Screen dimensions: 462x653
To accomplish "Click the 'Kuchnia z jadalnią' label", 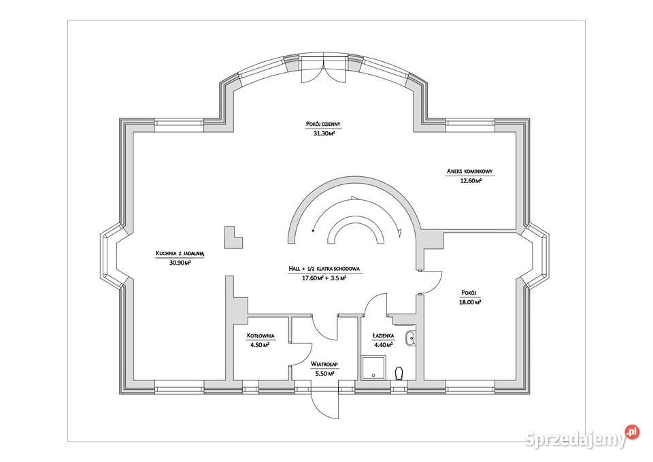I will pyautogui.click(x=180, y=252).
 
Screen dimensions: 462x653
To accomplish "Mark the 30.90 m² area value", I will pyautogui.click(x=180, y=263).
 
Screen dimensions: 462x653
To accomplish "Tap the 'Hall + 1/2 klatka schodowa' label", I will pyautogui.click(x=324, y=268).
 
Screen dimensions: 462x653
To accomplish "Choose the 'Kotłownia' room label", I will pyautogui.click(x=261, y=335).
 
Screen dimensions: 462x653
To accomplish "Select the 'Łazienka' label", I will pyautogui.click(x=383, y=335).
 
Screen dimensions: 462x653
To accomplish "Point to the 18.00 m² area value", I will pyautogui.click(x=471, y=302).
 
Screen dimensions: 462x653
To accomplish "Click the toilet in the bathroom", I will pyautogui.click(x=400, y=372).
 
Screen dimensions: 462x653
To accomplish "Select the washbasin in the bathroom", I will pyautogui.click(x=411, y=337).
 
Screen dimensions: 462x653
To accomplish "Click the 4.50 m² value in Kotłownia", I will pyautogui.click(x=261, y=345).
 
